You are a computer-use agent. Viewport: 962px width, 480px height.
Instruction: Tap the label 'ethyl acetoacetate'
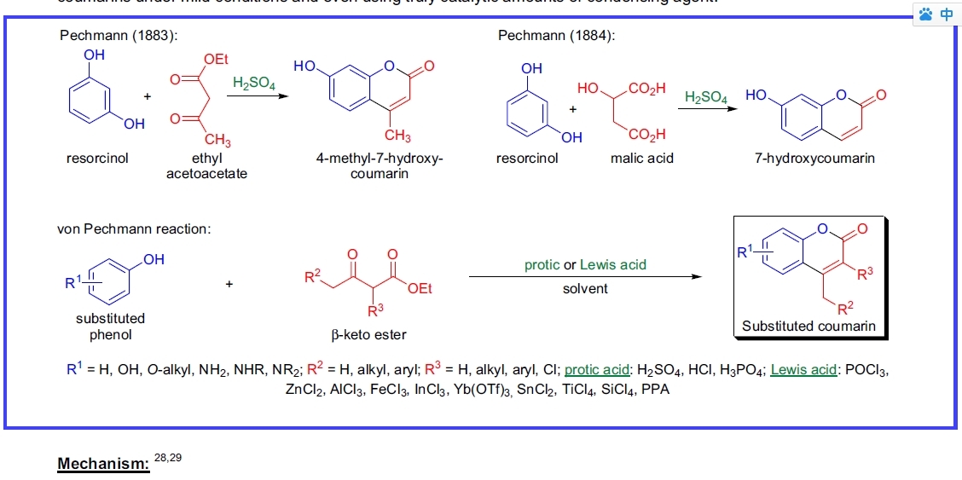click(x=206, y=166)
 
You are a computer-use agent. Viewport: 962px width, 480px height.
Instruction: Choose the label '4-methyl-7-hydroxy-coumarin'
click(x=380, y=166)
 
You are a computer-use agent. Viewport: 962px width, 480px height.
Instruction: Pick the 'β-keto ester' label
click(x=368, y=335)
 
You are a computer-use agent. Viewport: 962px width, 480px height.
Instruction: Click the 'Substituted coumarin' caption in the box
click(x=808, y=326)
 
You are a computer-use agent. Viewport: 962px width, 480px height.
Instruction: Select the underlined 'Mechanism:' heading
click(x=103, y=464)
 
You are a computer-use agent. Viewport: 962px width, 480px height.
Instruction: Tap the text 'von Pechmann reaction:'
click(x=135, y=228)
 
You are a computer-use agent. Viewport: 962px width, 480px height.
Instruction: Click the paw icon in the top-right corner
click(x=927, y=14)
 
